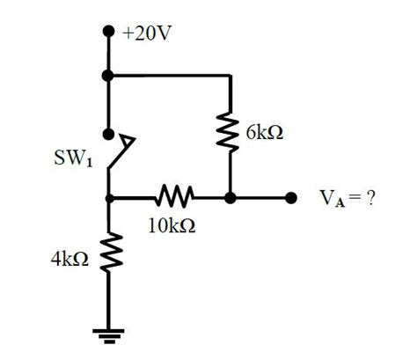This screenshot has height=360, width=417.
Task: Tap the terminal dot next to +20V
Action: coord(108,31)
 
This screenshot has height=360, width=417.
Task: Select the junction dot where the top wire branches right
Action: coord(108,76)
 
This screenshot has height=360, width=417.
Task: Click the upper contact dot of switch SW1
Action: coord(108,134)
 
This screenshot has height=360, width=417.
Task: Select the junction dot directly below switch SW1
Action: coord(108,198)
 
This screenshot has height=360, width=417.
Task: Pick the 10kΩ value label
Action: coord(172,225)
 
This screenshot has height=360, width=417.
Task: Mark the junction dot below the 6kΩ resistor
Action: coord(230,198)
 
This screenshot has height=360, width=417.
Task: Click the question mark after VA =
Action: coord(372,198)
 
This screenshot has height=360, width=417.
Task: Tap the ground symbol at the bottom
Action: coord(108,333)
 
